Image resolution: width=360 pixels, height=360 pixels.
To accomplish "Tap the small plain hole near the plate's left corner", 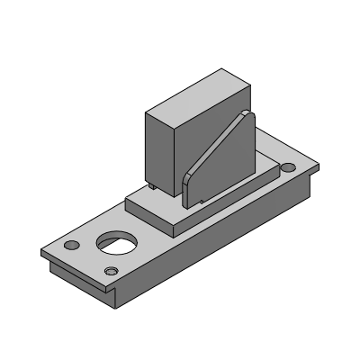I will pos(71,245).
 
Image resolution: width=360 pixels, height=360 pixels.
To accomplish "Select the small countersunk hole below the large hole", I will pos(111,271).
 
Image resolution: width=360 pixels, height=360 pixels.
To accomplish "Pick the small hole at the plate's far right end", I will pos(287,168).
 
